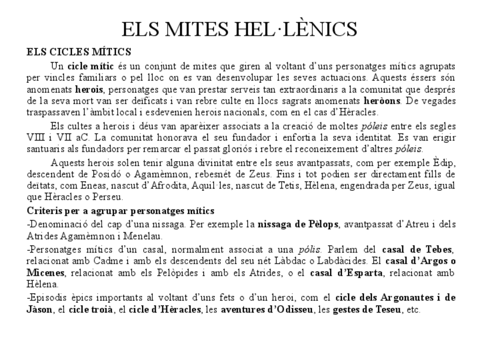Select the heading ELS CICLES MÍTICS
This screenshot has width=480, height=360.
tap(79, 52)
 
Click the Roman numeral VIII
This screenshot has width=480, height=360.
tap(35, 137)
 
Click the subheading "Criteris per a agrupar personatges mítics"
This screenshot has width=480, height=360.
tap(121, 211)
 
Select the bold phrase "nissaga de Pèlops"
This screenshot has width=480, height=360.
tap(298, 224)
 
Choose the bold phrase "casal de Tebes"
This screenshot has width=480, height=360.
tap(418, 249)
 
